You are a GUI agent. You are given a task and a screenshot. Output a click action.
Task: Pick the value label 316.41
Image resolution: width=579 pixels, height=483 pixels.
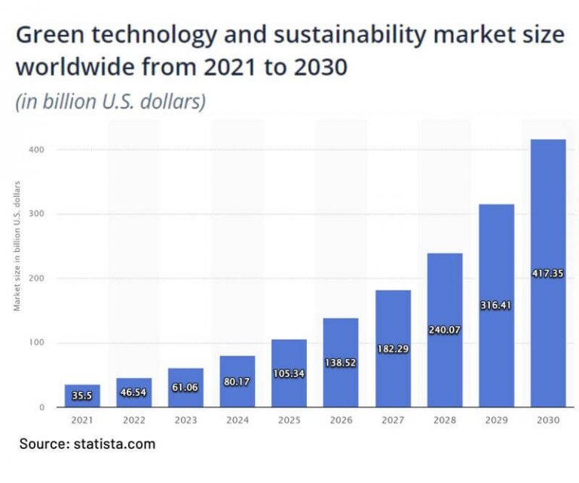[x=497, y=306]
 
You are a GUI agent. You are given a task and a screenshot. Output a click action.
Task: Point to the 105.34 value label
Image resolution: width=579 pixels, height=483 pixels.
[x=289, y=373]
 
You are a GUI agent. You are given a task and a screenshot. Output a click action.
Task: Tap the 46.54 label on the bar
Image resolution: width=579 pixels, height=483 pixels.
[x=134, y=393]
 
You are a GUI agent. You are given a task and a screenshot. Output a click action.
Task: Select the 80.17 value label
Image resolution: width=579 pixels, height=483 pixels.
[x=237, y=381]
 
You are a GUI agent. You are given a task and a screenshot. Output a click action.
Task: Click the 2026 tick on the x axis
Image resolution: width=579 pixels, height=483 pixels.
[x=341, y=420]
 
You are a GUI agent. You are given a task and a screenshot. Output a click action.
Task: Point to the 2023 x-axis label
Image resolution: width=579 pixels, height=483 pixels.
[x=185, y=420]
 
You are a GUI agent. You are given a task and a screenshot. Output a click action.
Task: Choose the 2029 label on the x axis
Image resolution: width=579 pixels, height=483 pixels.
[x=497, y=420]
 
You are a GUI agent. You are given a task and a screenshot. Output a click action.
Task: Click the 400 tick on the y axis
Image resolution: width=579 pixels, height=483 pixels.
[x=39, y=149]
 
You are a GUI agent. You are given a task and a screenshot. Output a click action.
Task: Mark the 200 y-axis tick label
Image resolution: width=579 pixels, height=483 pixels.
[x=39, y=278]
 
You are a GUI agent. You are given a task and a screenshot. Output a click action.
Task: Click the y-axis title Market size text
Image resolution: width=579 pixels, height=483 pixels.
[x=17, y=246]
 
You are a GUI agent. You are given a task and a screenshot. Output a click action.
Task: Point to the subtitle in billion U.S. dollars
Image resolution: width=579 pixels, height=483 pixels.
[x=110, y=101]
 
